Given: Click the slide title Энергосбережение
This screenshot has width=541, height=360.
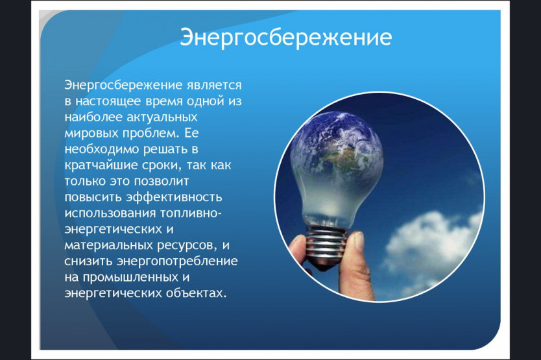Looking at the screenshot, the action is (x=285, y=37).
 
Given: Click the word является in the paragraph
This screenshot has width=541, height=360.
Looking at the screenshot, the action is (x=214, y=85).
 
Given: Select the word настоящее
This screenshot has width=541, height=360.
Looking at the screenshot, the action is (x=108, y=101).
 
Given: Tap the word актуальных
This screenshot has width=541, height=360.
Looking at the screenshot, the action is (x=162, y=117).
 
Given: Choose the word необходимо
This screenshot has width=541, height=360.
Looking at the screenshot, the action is (x=102, y=149).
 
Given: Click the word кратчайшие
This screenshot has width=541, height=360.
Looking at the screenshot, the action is (x=101, y=165).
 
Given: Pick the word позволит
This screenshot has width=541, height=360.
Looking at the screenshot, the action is (x=161, y=181).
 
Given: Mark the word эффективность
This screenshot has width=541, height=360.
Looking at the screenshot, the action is (x=174, y=197).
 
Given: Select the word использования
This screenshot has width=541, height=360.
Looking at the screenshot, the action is (x=110, y=213).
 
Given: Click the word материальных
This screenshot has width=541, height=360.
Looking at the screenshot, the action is (x=109, y=245).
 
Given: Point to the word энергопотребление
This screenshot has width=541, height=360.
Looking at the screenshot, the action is (x=177, y=261).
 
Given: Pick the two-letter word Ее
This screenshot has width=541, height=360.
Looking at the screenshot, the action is (x=191, y=133).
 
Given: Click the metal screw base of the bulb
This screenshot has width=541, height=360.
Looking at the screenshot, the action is (x=326, y=246).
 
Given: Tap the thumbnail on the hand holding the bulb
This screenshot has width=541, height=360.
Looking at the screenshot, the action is (x=359, y=241).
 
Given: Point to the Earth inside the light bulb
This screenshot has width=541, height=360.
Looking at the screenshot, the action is (x=337, y=145).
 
